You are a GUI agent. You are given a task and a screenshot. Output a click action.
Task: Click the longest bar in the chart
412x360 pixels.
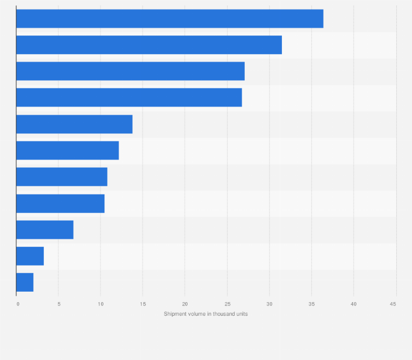coord(169,19)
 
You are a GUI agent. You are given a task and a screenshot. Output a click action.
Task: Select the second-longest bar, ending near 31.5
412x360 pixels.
coord(149,45)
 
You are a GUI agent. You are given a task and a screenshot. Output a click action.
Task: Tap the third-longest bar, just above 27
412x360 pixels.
coord(130,71)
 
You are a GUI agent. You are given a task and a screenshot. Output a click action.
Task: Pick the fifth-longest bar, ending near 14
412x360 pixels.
coord(74,125)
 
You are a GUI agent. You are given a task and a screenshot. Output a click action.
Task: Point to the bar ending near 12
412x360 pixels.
coord(67,151)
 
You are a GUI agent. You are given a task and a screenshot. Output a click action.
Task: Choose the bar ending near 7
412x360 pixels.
coord(45,230)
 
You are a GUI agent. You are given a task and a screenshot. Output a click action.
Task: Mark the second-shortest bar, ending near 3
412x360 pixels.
coord(30,256)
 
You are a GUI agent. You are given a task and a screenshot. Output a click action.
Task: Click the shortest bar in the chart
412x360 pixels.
coord(25,282)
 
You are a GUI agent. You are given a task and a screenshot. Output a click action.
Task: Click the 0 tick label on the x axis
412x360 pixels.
coord(17,304)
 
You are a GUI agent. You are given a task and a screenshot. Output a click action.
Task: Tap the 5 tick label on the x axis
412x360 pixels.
coord(59,304)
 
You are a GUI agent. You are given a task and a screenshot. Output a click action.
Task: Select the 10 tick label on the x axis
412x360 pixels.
coord(101,304)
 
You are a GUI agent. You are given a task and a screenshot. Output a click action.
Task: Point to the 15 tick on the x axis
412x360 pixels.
coord(143,304)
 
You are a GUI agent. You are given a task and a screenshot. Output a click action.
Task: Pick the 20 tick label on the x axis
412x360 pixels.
coord(185,304)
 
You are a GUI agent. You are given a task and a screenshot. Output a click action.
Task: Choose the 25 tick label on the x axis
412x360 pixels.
coord(227,304)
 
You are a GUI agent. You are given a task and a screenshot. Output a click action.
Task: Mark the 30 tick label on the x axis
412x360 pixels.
coord(269,304)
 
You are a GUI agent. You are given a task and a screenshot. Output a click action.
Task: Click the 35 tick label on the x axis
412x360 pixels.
coord(311,304)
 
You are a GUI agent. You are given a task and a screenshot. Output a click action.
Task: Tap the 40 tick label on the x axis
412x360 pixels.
coord(353,304)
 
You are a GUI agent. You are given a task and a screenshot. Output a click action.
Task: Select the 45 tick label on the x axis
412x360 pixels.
coord(393,304)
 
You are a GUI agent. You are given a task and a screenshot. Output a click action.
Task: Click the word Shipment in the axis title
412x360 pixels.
coord(175,314)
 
